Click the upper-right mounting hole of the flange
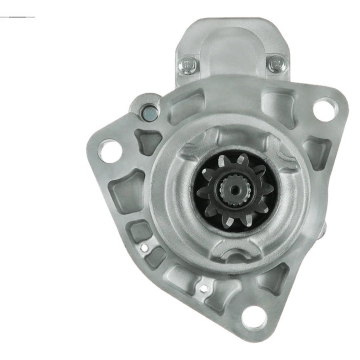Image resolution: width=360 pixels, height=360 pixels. (323, 107)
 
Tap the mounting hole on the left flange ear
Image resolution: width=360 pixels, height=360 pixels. (110, 150)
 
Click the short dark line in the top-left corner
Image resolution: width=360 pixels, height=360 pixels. (18, 17)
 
